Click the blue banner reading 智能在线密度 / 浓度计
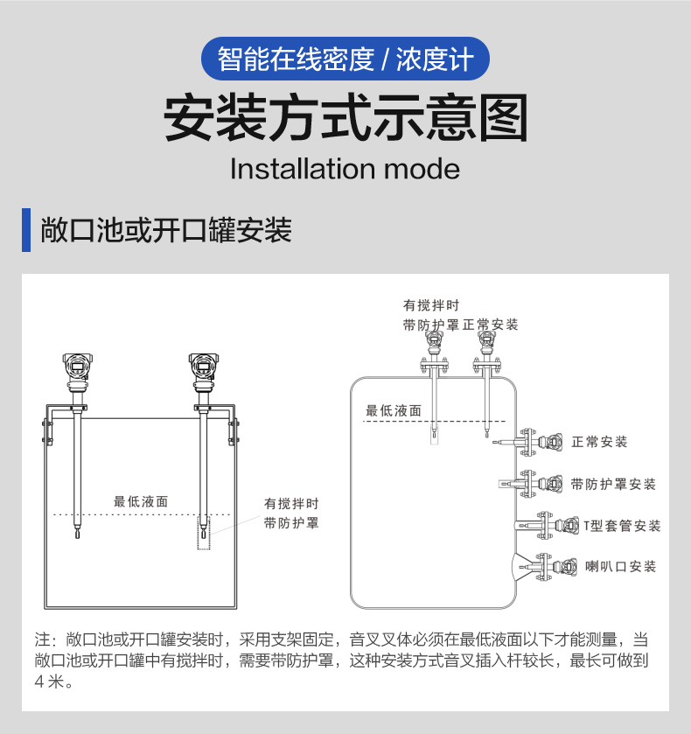click(345, 59)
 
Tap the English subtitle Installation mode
click(345, 169)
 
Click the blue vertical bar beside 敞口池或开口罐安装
click(26, 230)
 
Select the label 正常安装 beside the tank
click(599, 442)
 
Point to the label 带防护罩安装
click(613, 484)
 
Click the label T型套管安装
click(622, 526)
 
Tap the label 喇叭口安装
click(621, 566)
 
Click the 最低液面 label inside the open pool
click(141, 502)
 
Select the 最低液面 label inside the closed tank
click(394, 410)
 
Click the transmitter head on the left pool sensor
click(77, 367)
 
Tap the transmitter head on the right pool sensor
click(204, 367)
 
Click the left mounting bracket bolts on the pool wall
click(47, 431)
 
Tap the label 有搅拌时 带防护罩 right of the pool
click(291, 513)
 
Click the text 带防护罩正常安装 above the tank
click(460, 325)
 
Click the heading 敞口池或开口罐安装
click(166, 230)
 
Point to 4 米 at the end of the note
click(49, 682)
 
